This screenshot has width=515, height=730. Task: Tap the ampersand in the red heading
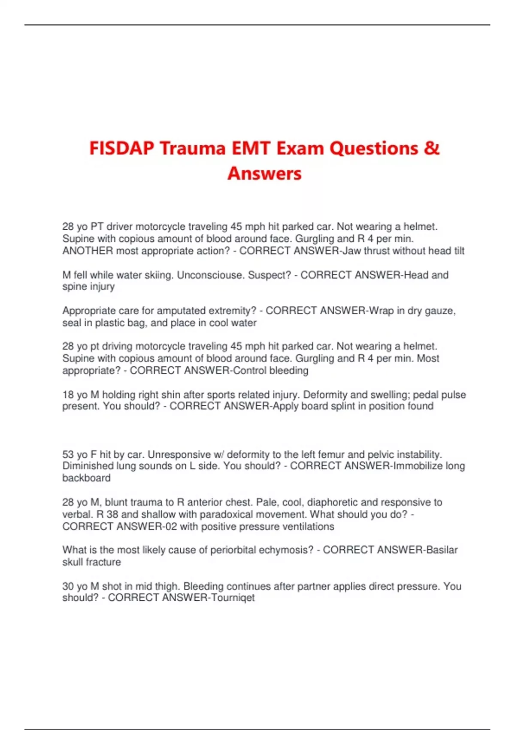click(x=432, y=149)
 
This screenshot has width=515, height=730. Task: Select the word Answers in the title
click(x=264, y=173)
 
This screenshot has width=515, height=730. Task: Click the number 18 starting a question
click(x=68, y=395)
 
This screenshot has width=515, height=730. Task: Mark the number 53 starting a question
click(x=68, y=454)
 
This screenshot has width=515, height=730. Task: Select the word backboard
click(x=86, y=478)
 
